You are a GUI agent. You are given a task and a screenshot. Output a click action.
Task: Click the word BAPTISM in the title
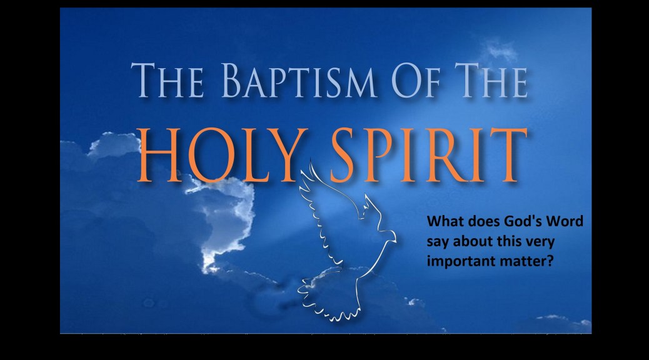point(299,80)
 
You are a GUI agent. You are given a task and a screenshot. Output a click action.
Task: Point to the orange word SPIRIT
point(428,155)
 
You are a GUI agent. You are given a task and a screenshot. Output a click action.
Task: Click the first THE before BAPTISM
point(167,80)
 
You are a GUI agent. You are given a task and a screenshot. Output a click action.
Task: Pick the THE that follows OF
point(491,80)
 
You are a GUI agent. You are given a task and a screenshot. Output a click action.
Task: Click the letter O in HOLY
point(208,155)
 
